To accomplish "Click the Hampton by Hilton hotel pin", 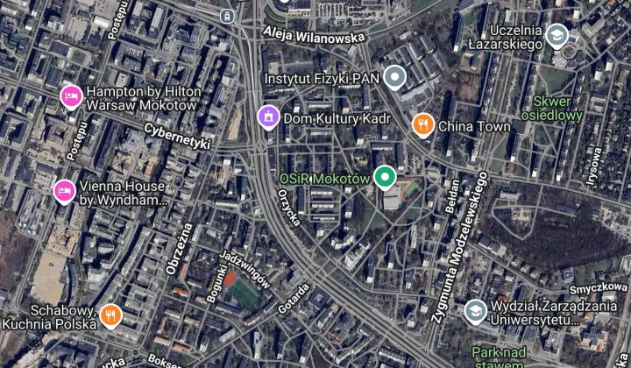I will tap(70, 96).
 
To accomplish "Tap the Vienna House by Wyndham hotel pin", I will tap(64, 192).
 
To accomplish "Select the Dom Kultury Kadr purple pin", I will tap(268, 117).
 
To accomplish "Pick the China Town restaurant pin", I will tap(423, 125).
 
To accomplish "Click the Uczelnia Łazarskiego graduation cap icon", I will tap(555, 35).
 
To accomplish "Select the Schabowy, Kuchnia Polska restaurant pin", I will tap(110, 315).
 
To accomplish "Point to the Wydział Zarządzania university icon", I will tap(475, 311).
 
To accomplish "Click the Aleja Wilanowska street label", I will tap(313, 36).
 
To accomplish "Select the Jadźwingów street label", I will tap(246, 268).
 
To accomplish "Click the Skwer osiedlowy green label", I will tap(552, 108).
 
